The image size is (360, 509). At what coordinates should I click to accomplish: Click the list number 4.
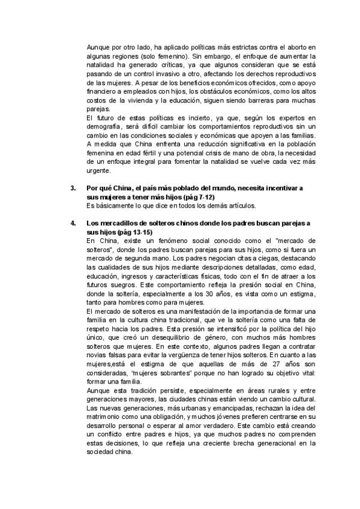(73, 223)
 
